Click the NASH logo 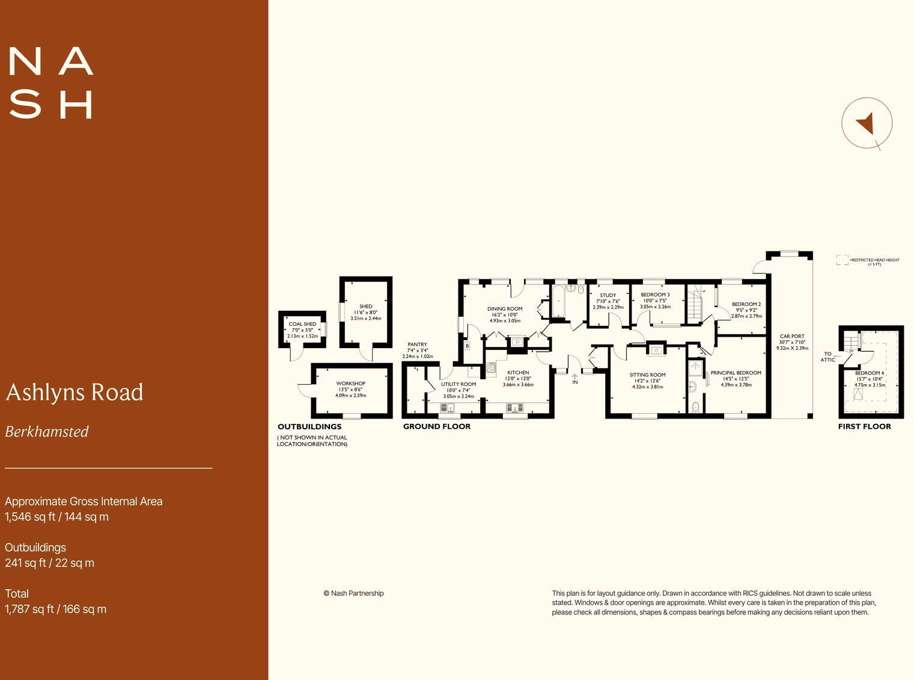click(51, 83)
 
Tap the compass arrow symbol click(865, 123)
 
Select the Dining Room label click(505, 309)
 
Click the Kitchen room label click(518, 373)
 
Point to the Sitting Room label click(647, 375)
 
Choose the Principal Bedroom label click(736, 373)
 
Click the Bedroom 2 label click(746, 304)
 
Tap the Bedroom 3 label click(655, 295)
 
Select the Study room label click(608, 296)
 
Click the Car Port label click(792, 337)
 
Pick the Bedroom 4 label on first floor click(870, 373)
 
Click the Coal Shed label click(302, 324)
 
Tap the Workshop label click(351, 384)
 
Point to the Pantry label click(417, 345)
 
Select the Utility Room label click(459, 384)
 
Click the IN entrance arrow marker click(574, 379)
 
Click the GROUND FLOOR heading click(437, 426)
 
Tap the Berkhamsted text click(47, 432)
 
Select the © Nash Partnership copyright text click(353, 593)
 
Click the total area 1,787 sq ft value click(55, 609)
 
